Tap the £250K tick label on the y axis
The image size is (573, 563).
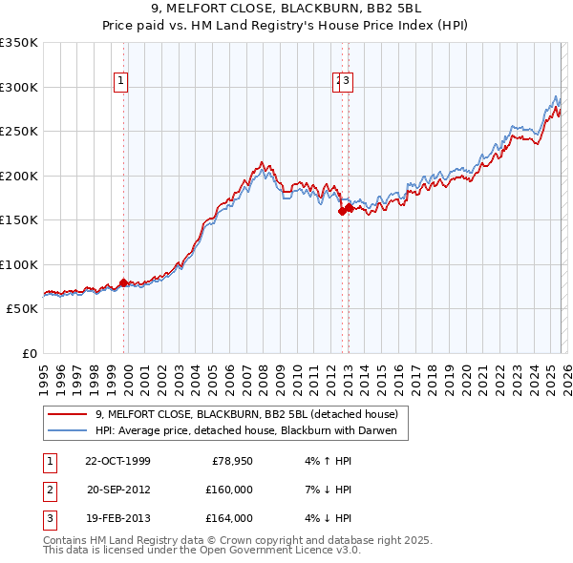click(18, 132)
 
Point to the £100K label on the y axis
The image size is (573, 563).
click(18, 264)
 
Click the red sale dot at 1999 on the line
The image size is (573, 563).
click(123, 282)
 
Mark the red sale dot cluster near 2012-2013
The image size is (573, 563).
click(345, 210)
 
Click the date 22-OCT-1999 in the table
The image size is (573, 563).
click(117, 461)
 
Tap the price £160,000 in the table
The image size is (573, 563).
click(229, 490)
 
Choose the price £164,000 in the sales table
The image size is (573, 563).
click(229, 518)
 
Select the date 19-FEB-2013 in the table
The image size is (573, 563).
click(117, 518)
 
